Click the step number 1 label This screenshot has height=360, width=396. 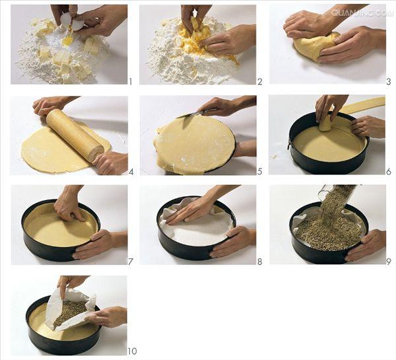tap(131, 81)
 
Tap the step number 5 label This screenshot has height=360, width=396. tap(260, 172)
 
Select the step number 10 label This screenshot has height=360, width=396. tap(132, 351)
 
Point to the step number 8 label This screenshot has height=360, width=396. tap(260, 262)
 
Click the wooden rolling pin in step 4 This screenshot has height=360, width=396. tap(75, 135)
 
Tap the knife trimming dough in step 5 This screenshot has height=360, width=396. tap(194, 113)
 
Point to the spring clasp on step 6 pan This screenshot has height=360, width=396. tap(288, 145)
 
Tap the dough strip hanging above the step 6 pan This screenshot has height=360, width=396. tap(363, 105)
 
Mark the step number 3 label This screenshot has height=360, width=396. tap(389, 81)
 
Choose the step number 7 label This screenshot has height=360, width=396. tap(130, 262)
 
